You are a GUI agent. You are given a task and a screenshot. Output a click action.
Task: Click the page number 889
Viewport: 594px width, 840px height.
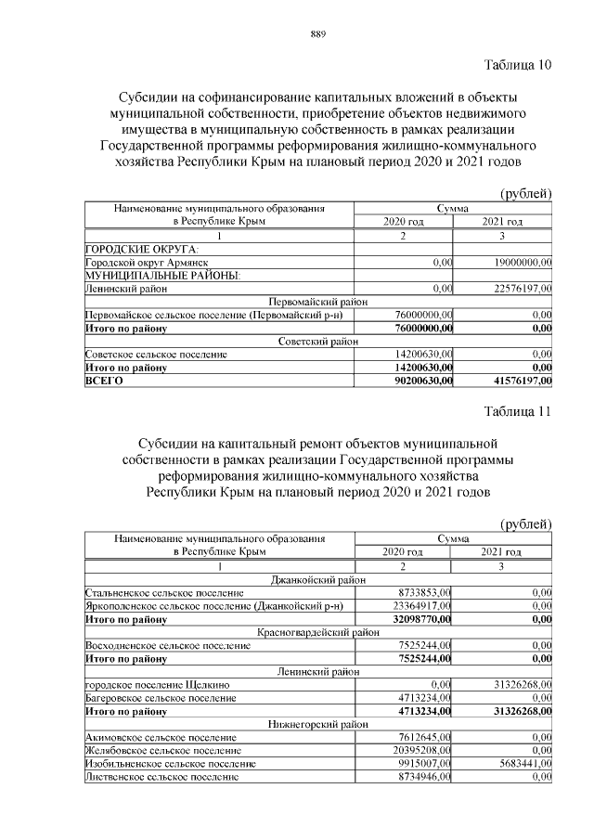[317, 35]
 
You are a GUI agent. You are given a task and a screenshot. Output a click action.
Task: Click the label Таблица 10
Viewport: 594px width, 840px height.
[518, 65]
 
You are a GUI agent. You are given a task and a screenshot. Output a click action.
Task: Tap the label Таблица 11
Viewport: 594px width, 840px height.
[518, 411]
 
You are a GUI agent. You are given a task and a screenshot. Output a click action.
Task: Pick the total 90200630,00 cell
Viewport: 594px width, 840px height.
[423, 380]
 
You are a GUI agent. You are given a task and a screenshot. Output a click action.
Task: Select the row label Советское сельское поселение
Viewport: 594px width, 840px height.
[156, 355]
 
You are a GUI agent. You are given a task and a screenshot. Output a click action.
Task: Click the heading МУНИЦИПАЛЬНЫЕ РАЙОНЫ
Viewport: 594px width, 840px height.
[162, 277]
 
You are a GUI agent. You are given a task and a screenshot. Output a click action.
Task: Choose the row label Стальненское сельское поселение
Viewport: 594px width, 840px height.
[164, 592]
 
